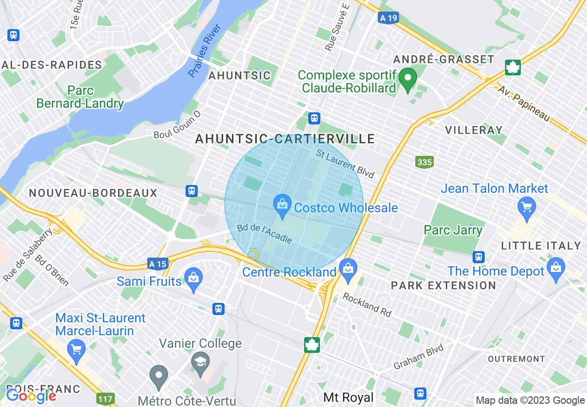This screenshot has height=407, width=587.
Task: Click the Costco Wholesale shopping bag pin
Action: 281,204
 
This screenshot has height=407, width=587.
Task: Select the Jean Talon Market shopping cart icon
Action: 527,206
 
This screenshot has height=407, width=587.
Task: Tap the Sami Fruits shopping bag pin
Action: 194,278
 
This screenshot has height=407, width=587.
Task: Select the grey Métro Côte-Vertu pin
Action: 159,376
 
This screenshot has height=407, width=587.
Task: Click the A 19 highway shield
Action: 387,18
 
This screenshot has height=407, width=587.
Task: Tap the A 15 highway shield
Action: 158,264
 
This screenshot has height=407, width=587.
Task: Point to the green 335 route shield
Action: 425,162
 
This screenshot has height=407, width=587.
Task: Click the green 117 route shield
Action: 106,398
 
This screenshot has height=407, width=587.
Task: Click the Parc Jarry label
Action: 453,230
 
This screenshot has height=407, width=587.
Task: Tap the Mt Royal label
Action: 348,397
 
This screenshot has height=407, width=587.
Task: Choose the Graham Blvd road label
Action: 418,357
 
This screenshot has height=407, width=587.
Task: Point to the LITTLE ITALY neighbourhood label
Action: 541,246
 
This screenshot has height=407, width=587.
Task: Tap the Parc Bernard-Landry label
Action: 80,97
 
